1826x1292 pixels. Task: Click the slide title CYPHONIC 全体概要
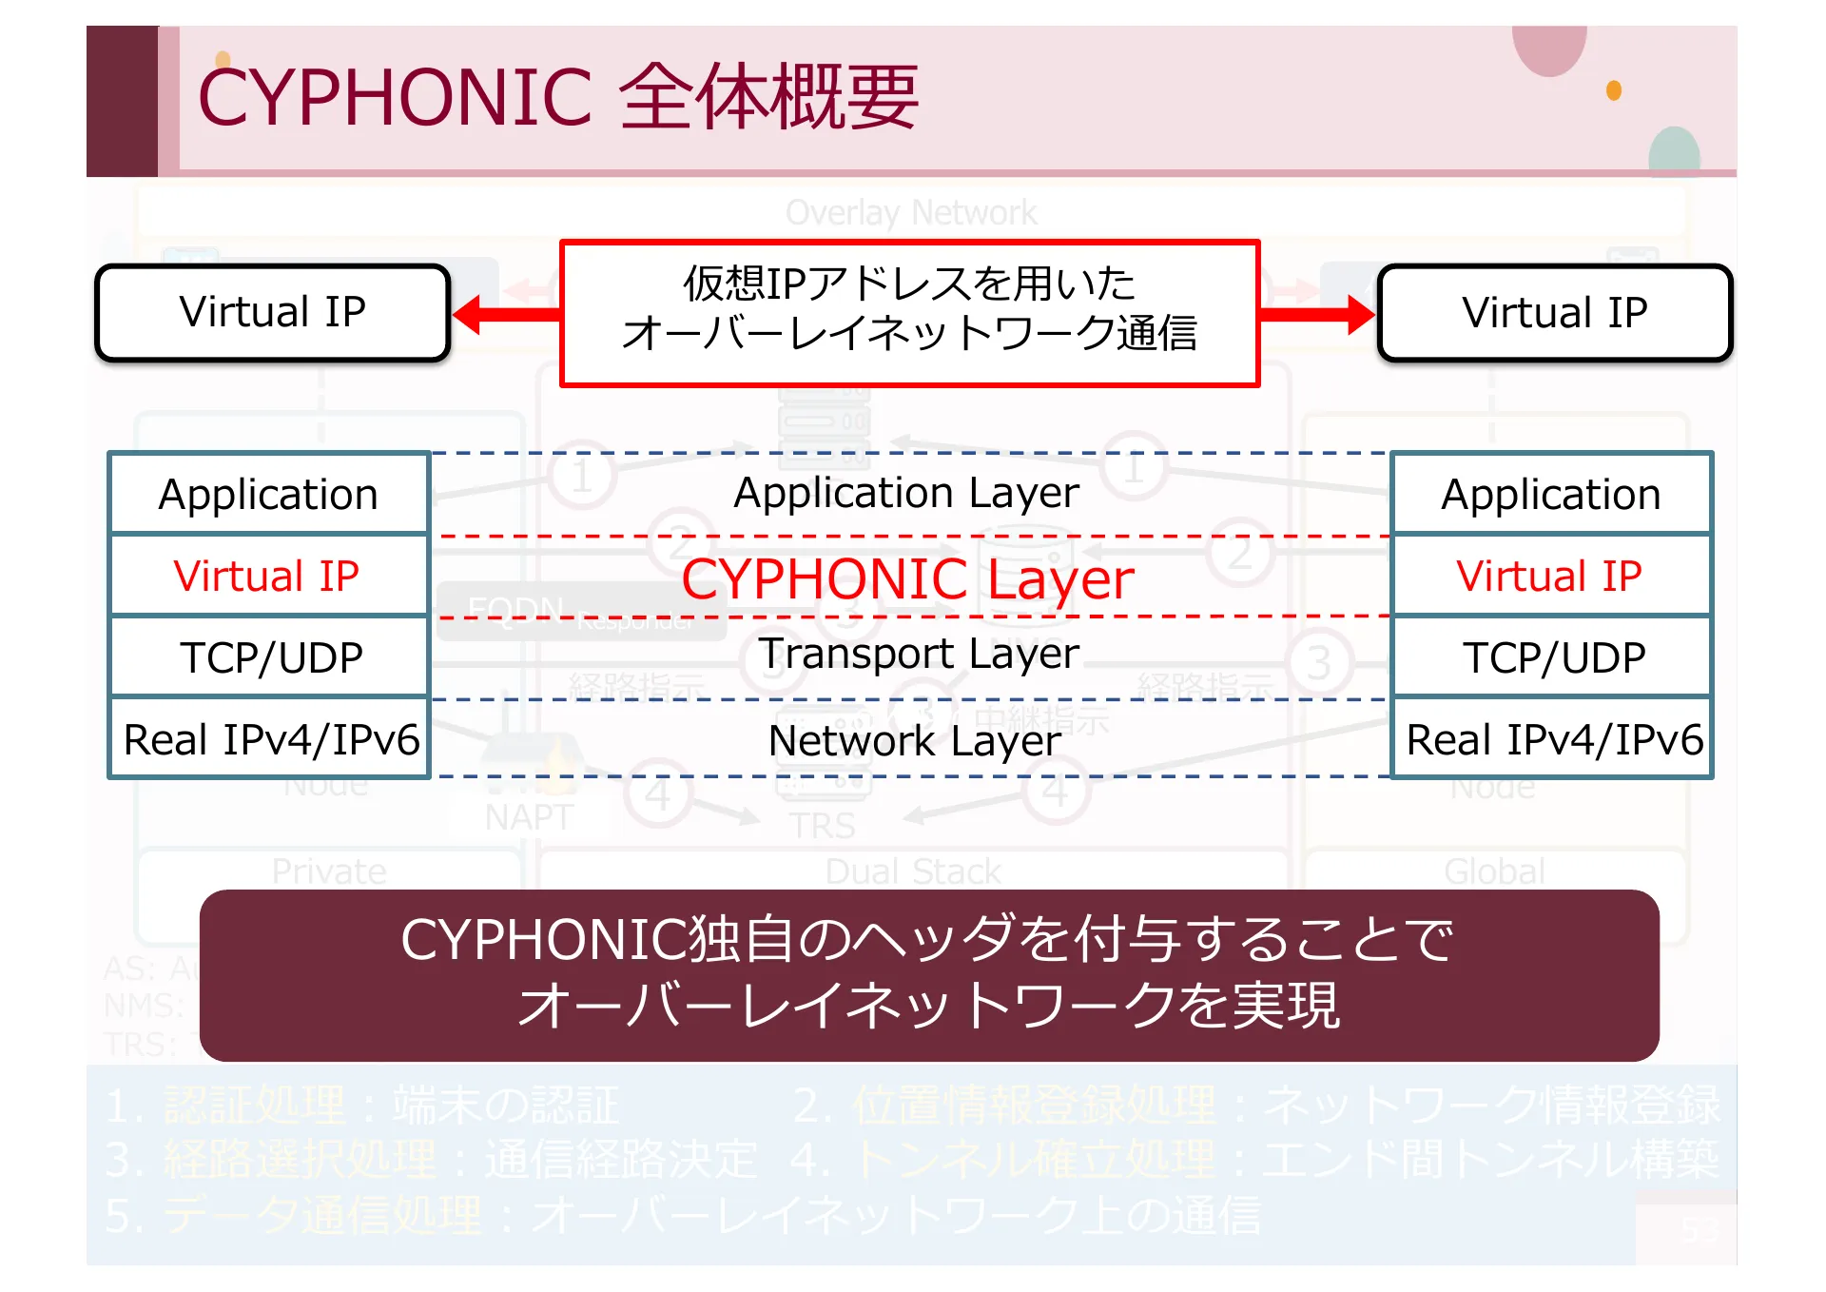[557, 97]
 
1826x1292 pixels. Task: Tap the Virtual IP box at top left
[272, 313]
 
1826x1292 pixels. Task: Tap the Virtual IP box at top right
[1554, 313]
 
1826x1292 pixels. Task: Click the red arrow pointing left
[504, 314]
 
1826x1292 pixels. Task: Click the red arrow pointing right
[1318, 314]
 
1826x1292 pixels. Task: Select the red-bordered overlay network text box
[909, 313]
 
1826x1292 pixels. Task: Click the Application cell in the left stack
[269, 495]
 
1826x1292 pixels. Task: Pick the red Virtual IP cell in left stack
[269, 577]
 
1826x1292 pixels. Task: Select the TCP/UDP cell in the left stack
[269, 657]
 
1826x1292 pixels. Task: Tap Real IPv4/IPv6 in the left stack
[269, 739]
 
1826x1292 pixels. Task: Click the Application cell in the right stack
[1551, 495]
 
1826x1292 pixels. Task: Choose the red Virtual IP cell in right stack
[1551, 577]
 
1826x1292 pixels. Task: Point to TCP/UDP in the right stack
[1551, 657]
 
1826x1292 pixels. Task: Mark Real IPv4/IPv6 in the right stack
[1551, 739]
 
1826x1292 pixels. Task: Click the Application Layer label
[906, 493]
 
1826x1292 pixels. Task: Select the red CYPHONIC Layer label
[907, 578]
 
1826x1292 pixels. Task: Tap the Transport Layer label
[919, 654]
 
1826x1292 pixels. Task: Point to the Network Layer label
[914, 740]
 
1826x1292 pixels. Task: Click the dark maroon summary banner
[929, 974]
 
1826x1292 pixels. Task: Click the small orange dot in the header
[1614, 90]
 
